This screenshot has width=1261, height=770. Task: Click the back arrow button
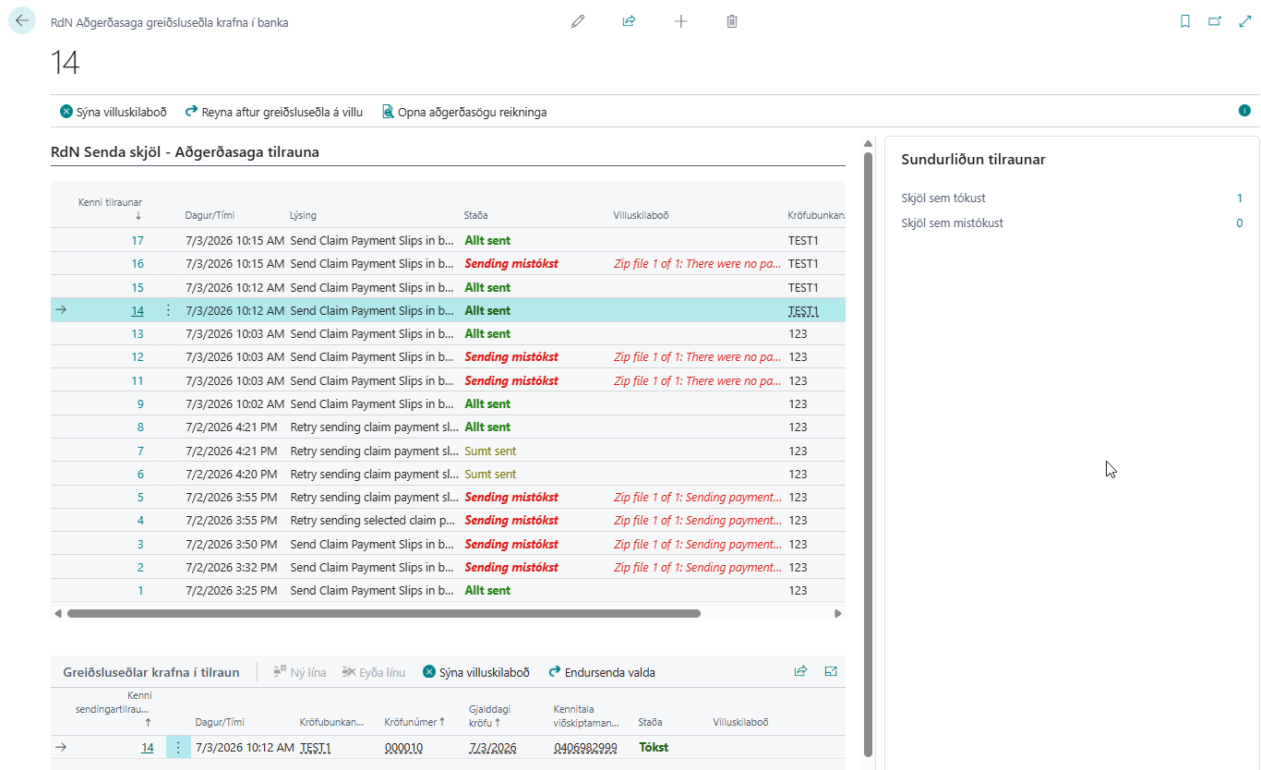(x=22, y=21)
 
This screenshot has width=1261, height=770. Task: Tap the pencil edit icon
(x=578, y=21)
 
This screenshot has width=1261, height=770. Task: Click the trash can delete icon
(x=731, y=21)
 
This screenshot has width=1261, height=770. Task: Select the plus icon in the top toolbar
(x=680, y=21)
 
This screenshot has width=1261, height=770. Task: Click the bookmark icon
(x=1185, y=21)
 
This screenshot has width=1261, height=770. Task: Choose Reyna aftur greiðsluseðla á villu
(x=274, y=112)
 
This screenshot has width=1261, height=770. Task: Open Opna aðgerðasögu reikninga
(x=464, y=112)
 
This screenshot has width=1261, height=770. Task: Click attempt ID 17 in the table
(x=138, y=240)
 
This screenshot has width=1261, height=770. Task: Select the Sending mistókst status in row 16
(x=511, y=263)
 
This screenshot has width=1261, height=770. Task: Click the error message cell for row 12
(x=697, y=357)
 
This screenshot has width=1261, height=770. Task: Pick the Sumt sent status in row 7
(x=490, y=451)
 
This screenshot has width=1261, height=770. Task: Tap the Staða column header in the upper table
(x=475, y=215)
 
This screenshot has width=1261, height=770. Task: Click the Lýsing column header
(x=303, y=215)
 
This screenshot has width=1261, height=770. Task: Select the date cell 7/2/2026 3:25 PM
(x=232, y=591)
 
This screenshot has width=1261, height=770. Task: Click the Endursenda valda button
(x=602, y=672)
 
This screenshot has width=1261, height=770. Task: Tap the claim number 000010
(x=403, y=748)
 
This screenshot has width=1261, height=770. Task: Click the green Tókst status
(x=654, y=747)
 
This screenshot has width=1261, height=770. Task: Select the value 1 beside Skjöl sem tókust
(x=1239, y=199)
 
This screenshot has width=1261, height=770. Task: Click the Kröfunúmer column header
(x=414, y=722)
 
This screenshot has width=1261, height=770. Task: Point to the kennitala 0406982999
(x=585, y=748)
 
